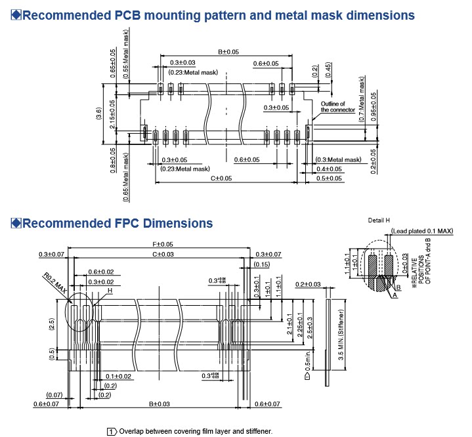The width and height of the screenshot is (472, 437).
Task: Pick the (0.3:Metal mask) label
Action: click(339, 160)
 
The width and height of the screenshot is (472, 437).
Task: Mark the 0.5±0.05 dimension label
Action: click(330, 178)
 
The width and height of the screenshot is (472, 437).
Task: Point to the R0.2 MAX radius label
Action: click(54, 283)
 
